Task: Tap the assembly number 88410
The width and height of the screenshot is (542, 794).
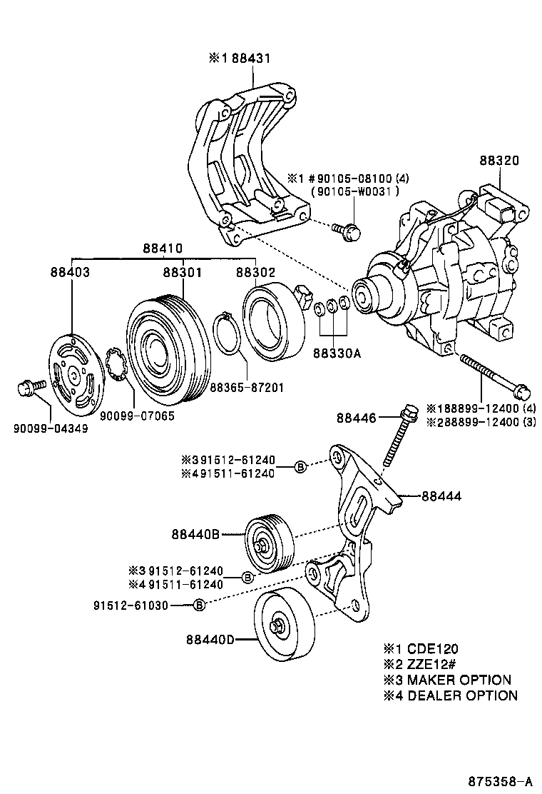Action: (x=163, y=248)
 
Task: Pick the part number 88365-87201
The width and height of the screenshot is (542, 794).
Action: (x=247, y=388)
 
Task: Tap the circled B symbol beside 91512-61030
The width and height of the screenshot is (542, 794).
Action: (x=200, y=605)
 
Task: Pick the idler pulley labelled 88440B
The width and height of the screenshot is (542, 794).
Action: (x=266, y=543)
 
